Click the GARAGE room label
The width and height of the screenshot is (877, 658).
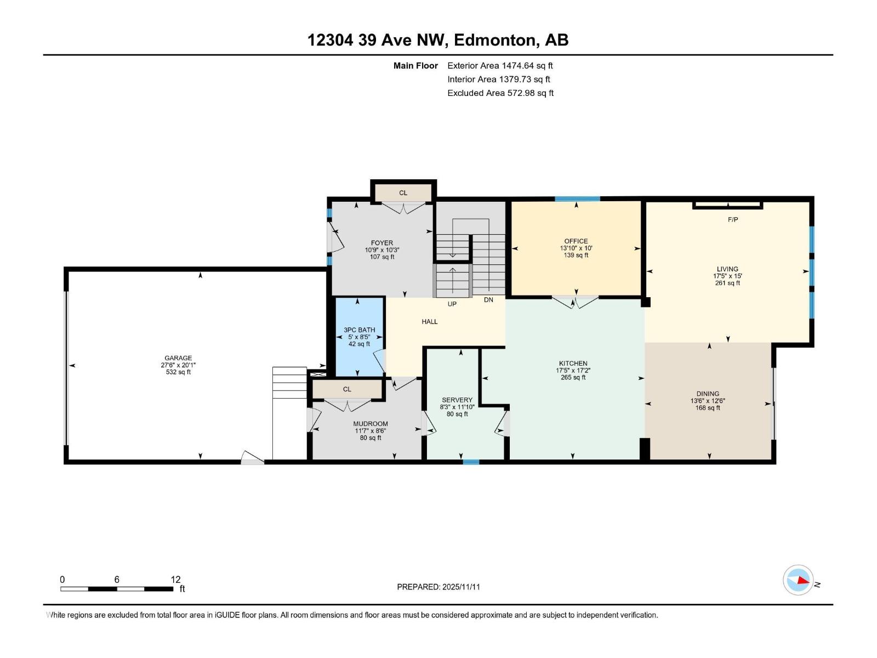tap(178, 358)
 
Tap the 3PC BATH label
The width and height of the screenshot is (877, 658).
tap(359, 330)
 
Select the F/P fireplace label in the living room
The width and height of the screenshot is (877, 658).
tap(733, 219)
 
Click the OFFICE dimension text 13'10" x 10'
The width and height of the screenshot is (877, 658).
tap(576, 248)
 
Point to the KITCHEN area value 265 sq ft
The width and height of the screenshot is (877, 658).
tap(573, 377)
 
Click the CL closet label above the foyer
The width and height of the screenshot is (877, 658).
tap(403, 192)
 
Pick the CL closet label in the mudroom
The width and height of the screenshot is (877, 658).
tap(347, 389)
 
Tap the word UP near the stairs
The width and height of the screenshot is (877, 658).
tap(452, 304)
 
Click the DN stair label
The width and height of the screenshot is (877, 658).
tap(488, 300)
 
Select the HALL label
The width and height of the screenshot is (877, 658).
tap(430, 322)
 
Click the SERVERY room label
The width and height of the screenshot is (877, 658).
tap(457, 400)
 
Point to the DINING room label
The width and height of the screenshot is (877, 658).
tap(708, 394)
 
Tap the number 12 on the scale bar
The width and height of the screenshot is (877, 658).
tap(175, 580)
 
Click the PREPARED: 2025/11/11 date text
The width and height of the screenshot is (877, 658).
tap(438, 587)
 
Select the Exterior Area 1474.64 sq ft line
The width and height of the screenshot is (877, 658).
tap(500, 66)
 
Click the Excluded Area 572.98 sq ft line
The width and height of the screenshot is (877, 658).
tap(500, 93)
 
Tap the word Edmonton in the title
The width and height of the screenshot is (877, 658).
tap(494, 40)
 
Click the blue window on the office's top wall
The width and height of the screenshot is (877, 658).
tap(577, 199)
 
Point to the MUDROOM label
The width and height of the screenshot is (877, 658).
tap(371, 424)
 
